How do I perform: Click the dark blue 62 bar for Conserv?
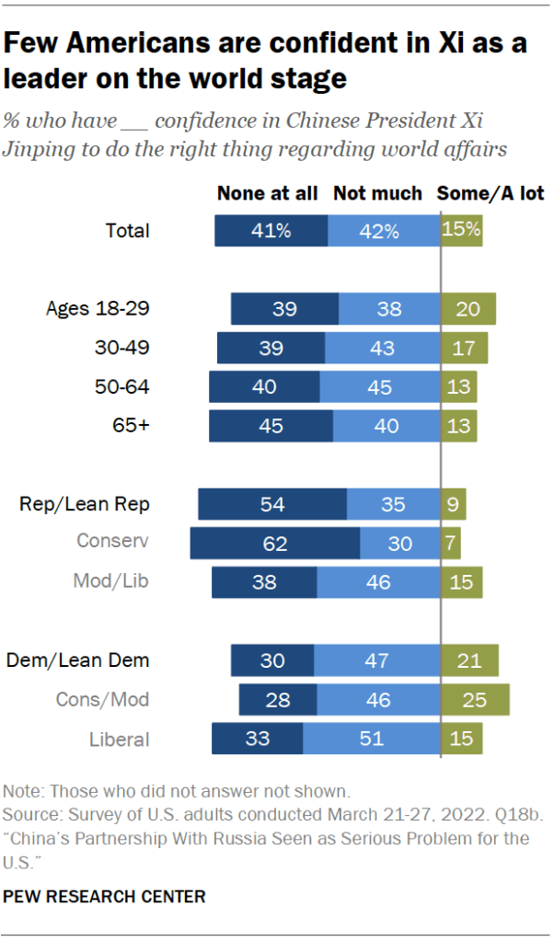(275, 544)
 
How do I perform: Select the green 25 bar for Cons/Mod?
(475, 700)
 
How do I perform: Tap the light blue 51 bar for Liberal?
(372, 740)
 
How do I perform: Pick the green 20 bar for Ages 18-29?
(468, 309)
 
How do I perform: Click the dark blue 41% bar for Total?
(271, 231)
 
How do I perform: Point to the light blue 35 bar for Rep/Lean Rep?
(394, 504)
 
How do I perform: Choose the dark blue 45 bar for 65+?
(271, 426)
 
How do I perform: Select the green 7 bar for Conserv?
(451, 544)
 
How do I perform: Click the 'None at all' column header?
(267, 193)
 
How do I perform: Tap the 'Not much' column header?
(377, 193)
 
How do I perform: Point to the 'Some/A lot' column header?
(490, 193)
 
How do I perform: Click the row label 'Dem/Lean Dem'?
(77, 660)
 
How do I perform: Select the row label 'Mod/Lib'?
(111, 582)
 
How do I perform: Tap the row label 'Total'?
(127, 231)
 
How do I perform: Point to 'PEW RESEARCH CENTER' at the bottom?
(104, 896)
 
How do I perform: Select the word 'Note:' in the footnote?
(23, 791)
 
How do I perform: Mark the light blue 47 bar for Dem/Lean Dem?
(377, 660)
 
